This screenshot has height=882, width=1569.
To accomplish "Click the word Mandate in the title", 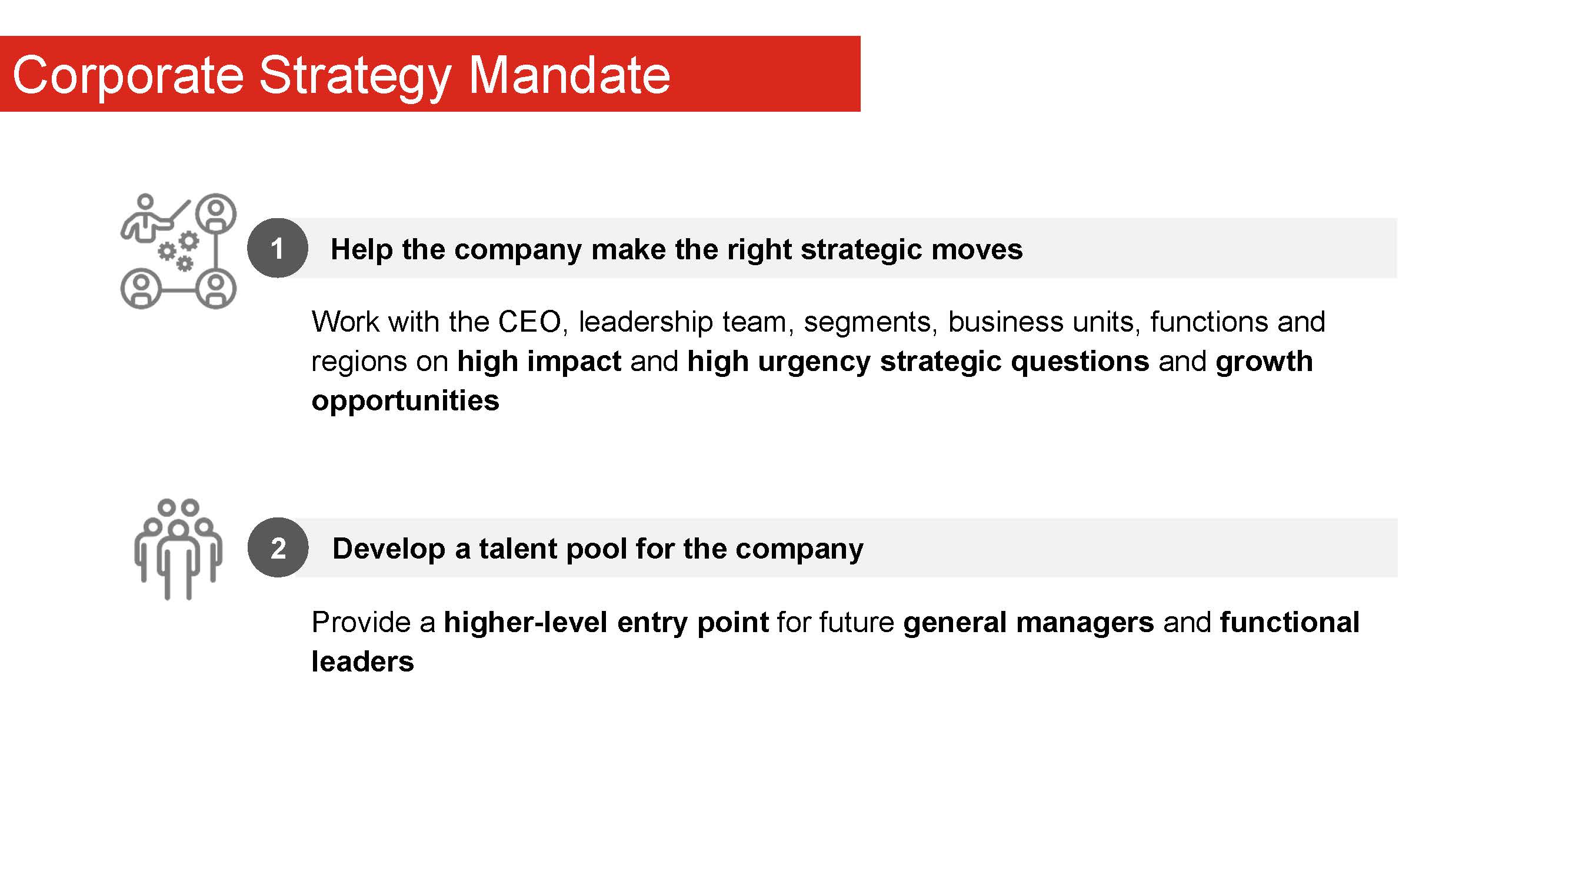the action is (x=569, y=75).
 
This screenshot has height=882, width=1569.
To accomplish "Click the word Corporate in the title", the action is (x=128, y=76).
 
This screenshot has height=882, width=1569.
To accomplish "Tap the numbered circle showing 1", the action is (x=277, y=248).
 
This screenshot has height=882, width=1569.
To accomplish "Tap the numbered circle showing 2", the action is (x=278, y=548).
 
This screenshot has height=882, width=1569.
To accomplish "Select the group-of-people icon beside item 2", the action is (x=178, y=549).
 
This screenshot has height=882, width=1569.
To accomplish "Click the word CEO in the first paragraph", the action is (x=529, y=322).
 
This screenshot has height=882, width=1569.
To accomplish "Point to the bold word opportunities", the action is (x=405, y=402).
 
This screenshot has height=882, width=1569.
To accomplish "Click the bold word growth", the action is (x=1264, y=362).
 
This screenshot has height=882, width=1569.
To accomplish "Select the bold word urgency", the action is (x=814, y=362).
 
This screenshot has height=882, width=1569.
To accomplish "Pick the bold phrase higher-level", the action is (x=525, y=622).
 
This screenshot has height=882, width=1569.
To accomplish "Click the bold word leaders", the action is (x=362, y=661).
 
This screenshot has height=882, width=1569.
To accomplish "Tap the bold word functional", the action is (x=1290, y=622).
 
